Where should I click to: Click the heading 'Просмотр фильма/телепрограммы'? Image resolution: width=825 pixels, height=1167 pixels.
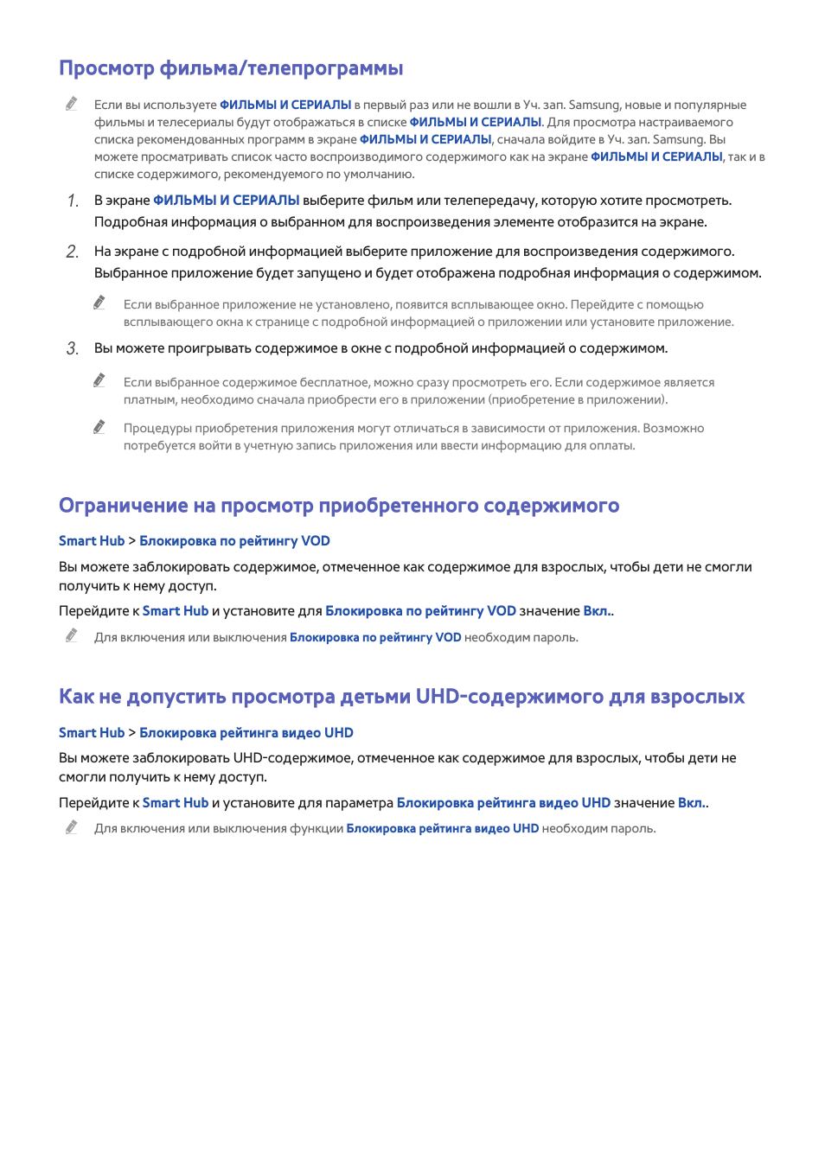[231, 68]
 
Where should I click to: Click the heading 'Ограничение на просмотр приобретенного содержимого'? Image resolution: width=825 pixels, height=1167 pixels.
[338, 506]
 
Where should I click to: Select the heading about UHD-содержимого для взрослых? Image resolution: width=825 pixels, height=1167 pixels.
[401, 697]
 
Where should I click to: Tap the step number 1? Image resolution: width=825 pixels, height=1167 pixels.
[73, 201]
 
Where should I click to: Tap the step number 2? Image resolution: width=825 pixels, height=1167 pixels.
[73, 252]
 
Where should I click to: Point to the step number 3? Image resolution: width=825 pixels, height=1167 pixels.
[73, 348]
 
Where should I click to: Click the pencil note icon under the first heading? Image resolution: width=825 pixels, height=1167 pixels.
[72, 104]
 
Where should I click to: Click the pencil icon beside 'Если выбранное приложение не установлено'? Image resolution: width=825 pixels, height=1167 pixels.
[99, 303]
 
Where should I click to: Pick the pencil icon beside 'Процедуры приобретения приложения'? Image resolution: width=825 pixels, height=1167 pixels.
[99, 427]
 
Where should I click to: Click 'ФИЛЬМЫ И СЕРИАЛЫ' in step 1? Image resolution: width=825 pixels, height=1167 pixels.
[226, 201]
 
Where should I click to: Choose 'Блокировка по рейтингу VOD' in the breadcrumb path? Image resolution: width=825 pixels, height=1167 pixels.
[234, 541]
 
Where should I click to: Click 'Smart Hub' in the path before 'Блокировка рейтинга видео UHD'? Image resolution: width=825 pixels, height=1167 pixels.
[92, 733]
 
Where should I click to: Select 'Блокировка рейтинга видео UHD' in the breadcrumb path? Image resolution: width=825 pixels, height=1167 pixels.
[246, 733]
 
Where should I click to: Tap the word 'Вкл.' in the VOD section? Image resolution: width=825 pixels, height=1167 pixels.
[597, 611]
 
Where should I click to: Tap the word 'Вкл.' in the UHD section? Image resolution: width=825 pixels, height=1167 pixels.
[692, 803]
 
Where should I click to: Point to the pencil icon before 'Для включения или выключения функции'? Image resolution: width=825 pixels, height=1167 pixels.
[72, 827]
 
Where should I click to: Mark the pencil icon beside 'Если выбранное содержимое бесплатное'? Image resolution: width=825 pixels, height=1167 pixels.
[99, 380]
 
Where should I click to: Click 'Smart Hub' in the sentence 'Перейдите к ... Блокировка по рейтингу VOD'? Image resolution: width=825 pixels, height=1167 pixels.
[176, 611]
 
